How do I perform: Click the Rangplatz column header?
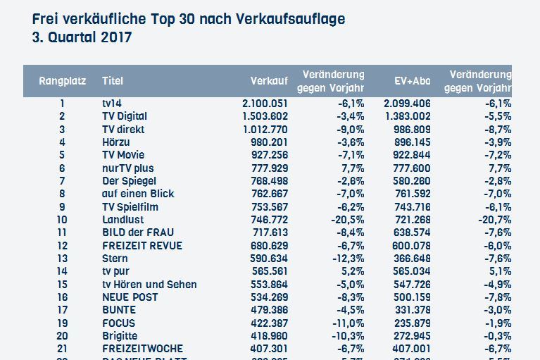pyautogui.click(x=62, y=81)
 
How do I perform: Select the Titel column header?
pyautogui.click(x=113, y=81)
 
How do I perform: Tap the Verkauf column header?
pyautogui.click(x=268, y=81)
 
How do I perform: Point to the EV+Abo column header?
pyautogui.click(x=413, y=81)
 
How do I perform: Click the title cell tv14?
pyautogui.click(x=112, y=104)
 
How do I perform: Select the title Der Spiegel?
pyautogui.click(x=128, y=181)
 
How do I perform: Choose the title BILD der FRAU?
pyautogui.click(x=138, y=232)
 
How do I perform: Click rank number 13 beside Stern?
pyautogui.click(x=62, y=259)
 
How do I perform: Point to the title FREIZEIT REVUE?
pyautogui.click(x=142, y=246)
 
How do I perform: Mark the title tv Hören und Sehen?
pyautogui.click(x=149, y=285)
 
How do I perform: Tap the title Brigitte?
pyautogui.click(x=120, y=336)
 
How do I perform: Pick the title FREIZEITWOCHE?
pyautogui.click(x=142, y=349)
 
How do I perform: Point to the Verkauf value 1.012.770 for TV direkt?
pyautogui.click(x=265, y=130)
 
